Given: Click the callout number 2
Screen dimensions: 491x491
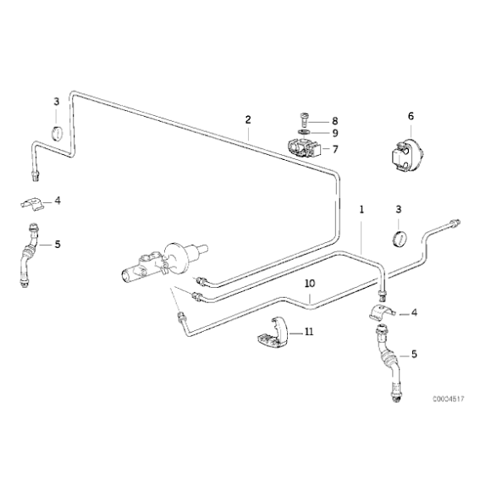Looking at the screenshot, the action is click(248, 119).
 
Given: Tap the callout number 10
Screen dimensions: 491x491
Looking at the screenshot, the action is click(310, 284).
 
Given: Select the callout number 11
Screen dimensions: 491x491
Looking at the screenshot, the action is click(309, 331).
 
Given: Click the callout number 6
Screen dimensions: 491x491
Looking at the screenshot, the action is click(411, 116).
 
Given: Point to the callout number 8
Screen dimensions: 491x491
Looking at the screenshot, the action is click(335, 121).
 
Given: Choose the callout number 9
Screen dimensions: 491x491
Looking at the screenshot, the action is click(335, 134).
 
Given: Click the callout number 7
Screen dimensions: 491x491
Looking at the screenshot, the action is click(335, 149).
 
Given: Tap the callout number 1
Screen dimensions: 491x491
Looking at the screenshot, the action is click(361, 209).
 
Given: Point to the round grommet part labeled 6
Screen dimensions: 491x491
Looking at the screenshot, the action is click(407, 155).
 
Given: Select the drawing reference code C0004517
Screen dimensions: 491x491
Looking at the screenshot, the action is click(449, 399).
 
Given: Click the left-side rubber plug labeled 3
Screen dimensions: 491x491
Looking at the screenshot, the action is click(57, 133).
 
